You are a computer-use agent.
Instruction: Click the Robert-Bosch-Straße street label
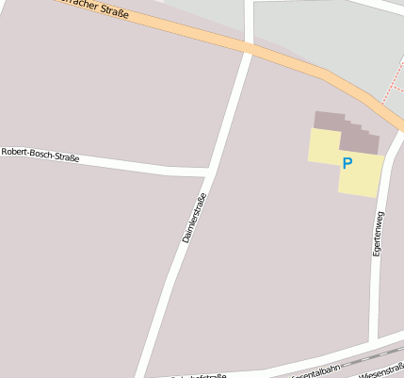(x=40, y=156)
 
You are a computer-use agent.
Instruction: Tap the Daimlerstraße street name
(x=193, y=218)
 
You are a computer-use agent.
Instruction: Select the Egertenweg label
(x=378, y=234)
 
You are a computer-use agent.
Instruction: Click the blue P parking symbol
(x=347, y=163)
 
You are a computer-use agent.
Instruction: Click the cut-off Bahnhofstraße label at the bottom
(x=198, y=375)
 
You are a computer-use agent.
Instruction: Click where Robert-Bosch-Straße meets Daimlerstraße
(x=208, y=172)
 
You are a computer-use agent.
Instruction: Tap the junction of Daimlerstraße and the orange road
(x=250, y=47)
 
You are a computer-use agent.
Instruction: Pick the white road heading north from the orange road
(x=249, y=19)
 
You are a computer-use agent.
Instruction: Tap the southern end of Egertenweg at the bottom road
(x=376, y=337)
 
